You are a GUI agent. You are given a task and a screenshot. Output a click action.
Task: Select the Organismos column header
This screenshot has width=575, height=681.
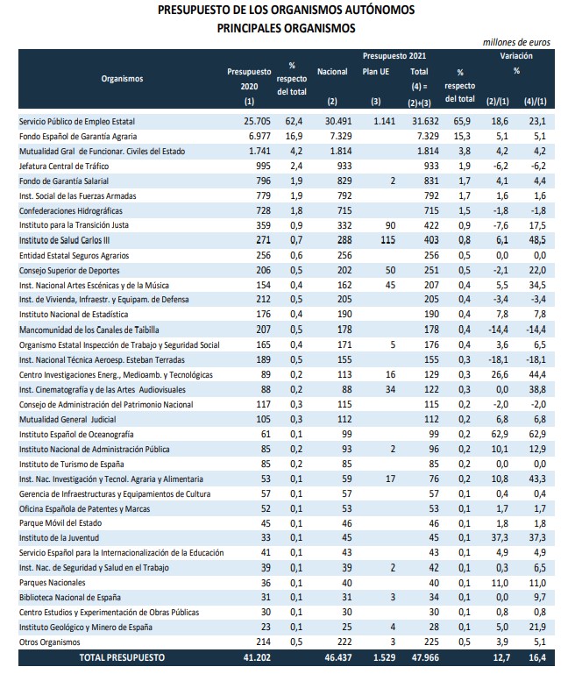click(122, 78)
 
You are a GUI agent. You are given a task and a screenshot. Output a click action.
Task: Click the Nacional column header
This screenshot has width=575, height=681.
click(332, 71)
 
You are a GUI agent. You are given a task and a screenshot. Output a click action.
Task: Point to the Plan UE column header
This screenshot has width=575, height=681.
click(376, 71)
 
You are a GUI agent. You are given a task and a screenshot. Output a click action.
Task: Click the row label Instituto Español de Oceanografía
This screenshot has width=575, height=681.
click(76, 433)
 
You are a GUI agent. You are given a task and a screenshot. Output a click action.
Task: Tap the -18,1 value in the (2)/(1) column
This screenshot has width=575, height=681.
click(498, 359)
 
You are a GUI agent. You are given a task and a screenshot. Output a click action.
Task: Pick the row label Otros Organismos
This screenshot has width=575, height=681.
click(54, 642)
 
